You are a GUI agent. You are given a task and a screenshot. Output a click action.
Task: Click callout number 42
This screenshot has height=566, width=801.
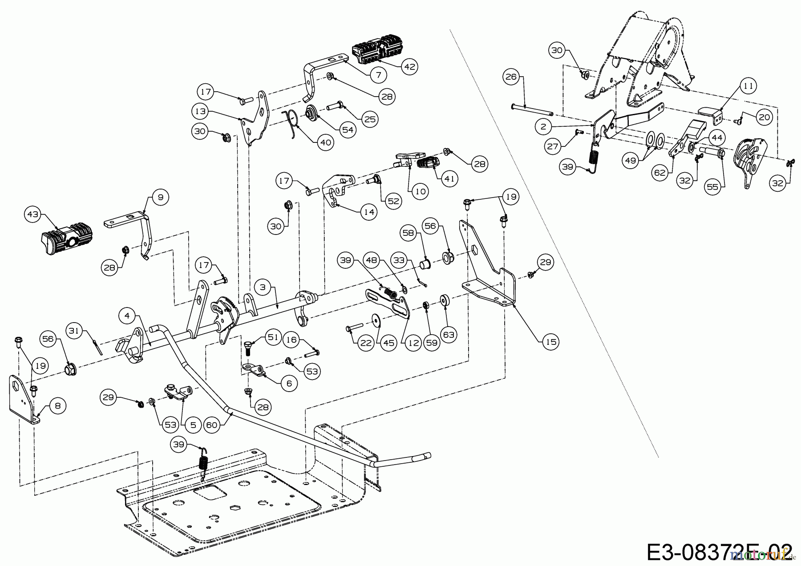(409, 66)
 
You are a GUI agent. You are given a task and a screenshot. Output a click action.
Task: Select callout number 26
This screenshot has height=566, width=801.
(511, 77)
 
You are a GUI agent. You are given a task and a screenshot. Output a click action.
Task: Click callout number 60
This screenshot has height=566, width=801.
(212, 424)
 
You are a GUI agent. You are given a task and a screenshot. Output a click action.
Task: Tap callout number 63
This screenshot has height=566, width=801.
(449, 334)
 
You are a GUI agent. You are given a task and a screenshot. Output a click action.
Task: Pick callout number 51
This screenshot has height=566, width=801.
(273, 337)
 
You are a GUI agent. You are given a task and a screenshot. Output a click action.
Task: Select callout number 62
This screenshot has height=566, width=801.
(660, 172)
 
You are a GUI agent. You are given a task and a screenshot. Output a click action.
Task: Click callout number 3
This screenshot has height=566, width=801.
(263, 287)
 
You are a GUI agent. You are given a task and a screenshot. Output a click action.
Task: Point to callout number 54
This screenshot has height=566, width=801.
(348, 129)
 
